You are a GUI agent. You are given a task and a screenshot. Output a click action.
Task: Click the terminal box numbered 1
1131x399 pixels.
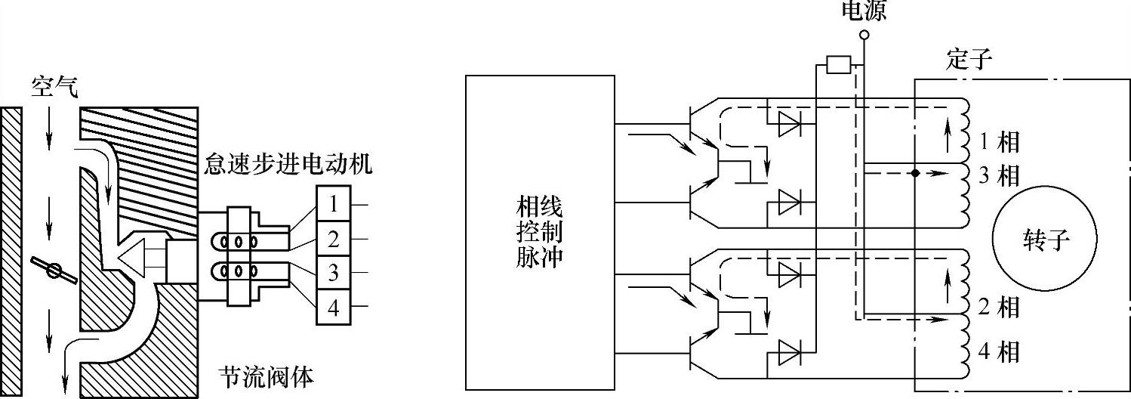click(x=332, y=204)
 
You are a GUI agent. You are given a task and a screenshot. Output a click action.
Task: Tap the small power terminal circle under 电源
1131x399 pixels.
click(x=864, y=35)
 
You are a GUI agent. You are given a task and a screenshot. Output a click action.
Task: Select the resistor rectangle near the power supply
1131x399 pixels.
click(x=839, y=65)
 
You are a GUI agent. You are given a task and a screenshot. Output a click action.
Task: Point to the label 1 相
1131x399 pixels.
click(x=998, y=141)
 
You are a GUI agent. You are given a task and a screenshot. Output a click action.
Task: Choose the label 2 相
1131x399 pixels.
click(x=998, y=308)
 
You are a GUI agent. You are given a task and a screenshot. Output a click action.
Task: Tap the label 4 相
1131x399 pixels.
click(x=998, y=351)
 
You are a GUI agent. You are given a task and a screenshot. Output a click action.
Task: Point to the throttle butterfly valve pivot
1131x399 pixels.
click(x=54, y=270)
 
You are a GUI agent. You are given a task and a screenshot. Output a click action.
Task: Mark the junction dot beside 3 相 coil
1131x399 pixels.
click(x=914, y=173)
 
